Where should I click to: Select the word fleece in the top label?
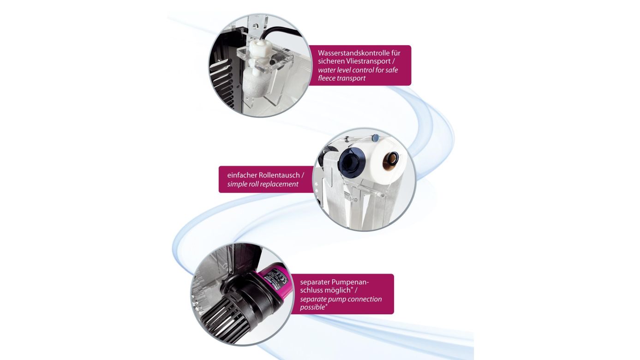coord(329,78)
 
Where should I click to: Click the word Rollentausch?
coord(281,175)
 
